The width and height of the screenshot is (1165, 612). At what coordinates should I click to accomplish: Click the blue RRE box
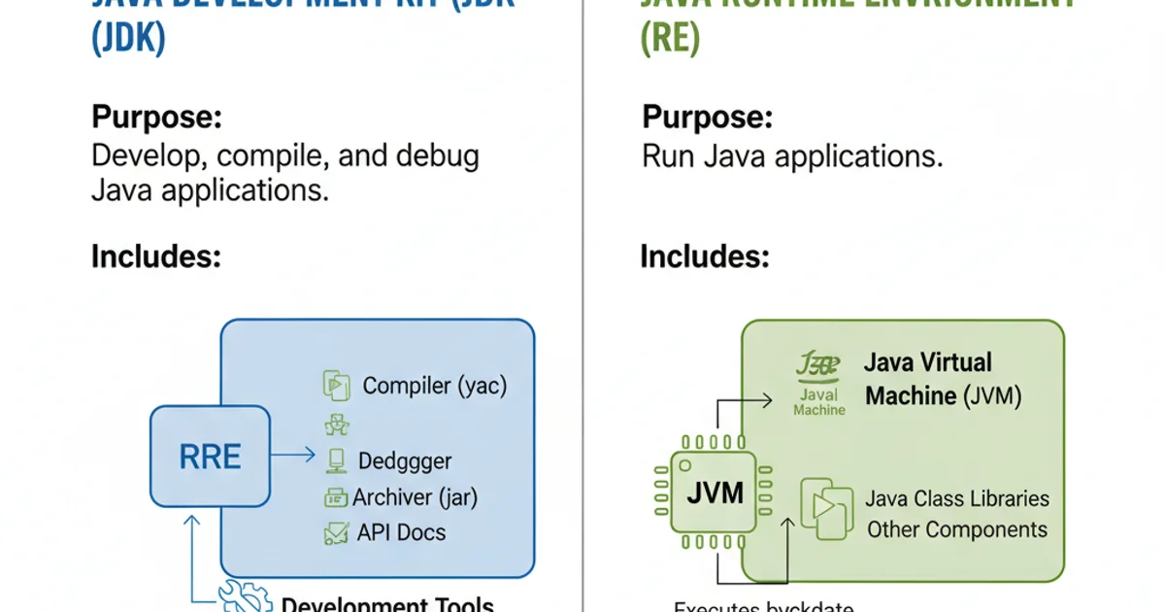click(210, 457)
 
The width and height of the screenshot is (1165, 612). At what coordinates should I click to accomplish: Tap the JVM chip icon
click(714, 493)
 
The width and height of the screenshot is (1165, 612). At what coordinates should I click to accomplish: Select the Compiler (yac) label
click(434, 386)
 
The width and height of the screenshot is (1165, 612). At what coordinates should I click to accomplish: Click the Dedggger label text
click(405, 460)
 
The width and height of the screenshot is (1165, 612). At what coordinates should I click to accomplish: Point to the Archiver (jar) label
click(415, 497)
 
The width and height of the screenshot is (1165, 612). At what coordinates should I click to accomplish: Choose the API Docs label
click(401, 532)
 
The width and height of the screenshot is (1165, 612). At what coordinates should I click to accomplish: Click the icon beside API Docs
click(336, 532)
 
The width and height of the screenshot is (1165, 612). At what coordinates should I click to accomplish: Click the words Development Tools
click(387, 603)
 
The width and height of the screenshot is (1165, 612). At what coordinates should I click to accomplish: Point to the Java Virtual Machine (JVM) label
click(942, 380)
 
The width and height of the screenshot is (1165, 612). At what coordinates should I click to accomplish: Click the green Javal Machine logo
click(818, 384)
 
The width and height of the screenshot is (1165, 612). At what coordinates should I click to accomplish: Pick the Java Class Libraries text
click(957, 498)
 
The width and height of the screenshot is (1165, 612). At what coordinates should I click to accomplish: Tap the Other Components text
click(957, 529)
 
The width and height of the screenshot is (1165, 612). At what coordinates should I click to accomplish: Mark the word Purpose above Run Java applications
click(708, 119)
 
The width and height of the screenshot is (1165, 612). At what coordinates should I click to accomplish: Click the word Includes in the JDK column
click(156, 256)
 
